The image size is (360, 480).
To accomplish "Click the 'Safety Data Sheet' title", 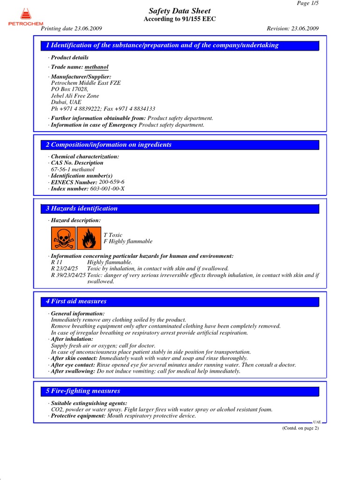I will coord(180,11).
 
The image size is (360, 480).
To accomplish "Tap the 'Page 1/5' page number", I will coord(308,3).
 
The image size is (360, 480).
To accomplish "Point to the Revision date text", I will coord(292,28).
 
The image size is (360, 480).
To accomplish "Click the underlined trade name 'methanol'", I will coord(97,67).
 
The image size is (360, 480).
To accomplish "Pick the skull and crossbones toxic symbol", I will coord(63,239).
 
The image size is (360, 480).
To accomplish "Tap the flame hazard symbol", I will coord(87,239).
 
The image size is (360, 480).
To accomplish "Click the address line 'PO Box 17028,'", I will coord(69,89).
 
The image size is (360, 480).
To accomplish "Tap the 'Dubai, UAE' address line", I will coord(66,102).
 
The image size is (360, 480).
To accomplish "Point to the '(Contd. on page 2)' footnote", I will coord(300,428).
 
